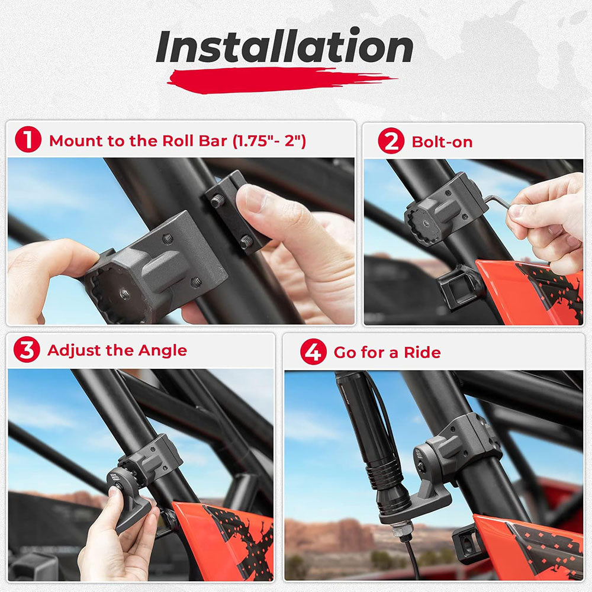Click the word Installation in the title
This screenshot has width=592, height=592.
284,47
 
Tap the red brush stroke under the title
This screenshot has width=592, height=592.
278,80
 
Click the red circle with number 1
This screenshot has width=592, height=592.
28,141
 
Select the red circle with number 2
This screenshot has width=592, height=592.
390,141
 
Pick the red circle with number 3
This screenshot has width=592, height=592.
27,350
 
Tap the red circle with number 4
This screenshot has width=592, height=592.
313,353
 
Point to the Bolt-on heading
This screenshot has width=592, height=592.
442,142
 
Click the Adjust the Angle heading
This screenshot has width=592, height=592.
117,350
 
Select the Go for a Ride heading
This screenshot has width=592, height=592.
387,353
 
